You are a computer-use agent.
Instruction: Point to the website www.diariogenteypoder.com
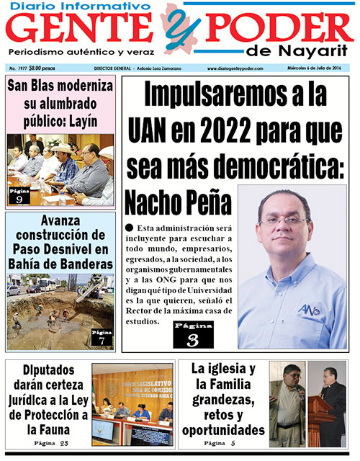coord(235,68)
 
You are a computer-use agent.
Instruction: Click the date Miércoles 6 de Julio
coord(321,68)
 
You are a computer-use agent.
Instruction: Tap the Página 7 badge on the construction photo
coord(102,337)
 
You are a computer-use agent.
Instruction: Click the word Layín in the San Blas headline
coord(81,120)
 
